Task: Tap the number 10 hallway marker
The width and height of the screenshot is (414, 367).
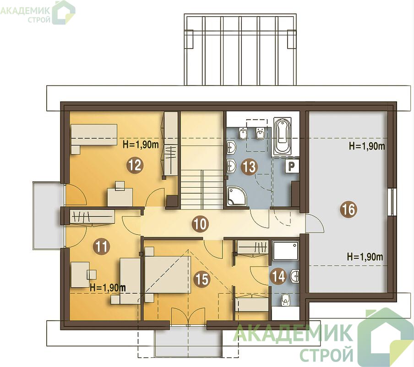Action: click(201, 224)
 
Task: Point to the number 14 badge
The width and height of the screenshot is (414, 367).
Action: click(278, 277)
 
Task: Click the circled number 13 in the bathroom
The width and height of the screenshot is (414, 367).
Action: click(249, 167)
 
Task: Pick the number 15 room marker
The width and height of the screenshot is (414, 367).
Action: click(202, 279)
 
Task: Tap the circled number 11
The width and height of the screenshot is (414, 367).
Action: click(102, 247)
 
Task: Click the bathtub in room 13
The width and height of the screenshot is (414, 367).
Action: click(283, 136)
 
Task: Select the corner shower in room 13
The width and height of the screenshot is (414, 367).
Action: click(236, 196)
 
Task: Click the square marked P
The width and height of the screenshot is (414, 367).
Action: click(291, 166)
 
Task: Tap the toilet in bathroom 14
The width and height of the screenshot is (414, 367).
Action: click(285, 300)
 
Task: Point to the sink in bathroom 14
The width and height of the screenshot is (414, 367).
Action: click(294, 276)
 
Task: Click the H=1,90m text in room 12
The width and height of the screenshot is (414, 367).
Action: click(141, 145)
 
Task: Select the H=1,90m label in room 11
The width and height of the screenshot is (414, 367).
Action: click(108, 288)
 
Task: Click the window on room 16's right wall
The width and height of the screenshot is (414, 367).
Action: click(392, 202)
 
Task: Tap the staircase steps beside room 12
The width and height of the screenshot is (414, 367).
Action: click(202, 189)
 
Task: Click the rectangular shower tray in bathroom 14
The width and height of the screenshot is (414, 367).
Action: click(286, 250)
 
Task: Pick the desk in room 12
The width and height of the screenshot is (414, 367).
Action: click(120, 197)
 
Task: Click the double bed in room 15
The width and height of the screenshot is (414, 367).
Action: click(168, 274)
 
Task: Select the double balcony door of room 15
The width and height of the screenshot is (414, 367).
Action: click(188, 317)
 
